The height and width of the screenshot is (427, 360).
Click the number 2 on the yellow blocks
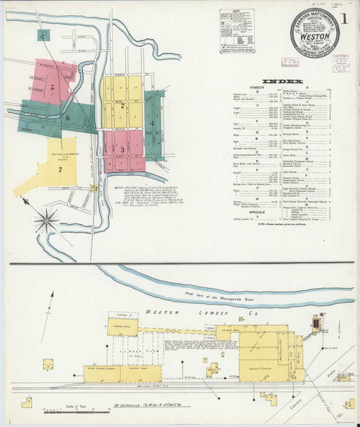tap(123, 106)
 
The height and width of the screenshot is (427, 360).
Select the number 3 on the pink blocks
tap(122, 149)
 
